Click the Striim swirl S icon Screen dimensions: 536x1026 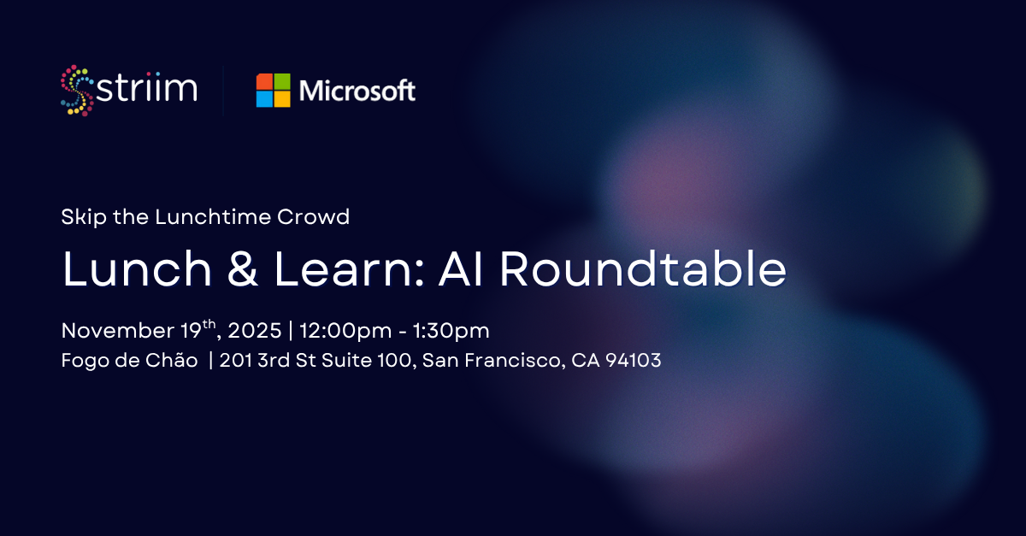coord(77,90)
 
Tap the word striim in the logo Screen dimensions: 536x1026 coord(147,89)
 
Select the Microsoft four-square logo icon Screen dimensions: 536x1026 coord(274,91)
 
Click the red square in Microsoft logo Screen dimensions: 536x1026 coord(264,81)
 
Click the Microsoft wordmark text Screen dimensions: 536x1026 coord(357,91)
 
